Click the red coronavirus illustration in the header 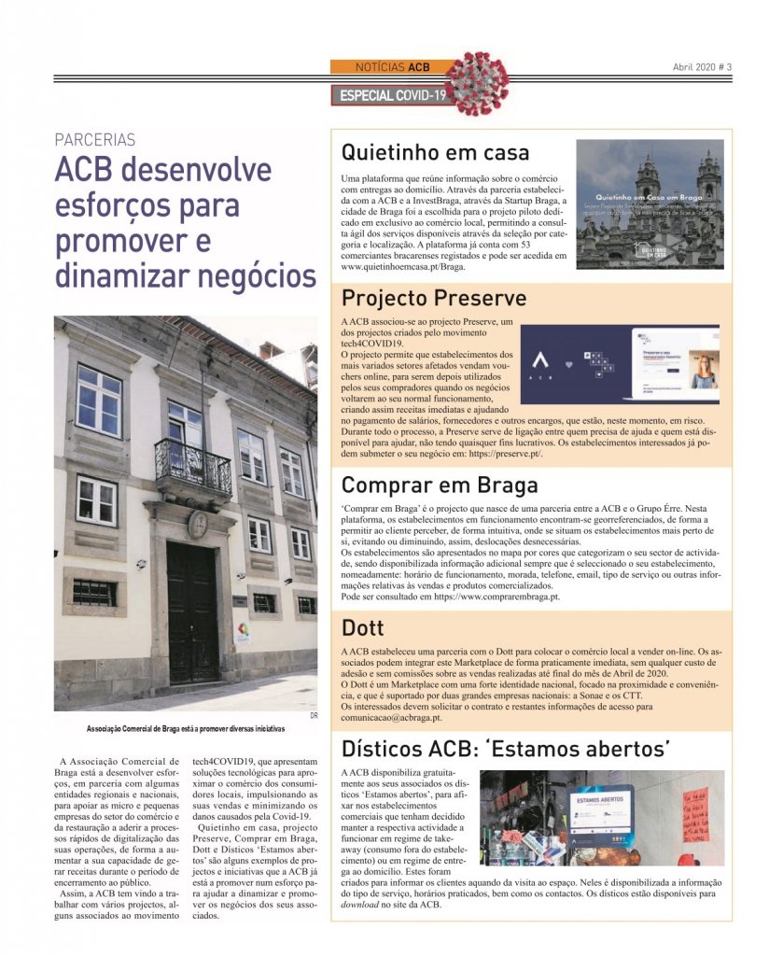[479, 83]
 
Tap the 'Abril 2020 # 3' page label [702, 67]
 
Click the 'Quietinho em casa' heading [435, 151]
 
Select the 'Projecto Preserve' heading [434, 298]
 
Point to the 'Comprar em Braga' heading [440, 485]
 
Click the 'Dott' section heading [363, 627]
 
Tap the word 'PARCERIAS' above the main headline [95, 140]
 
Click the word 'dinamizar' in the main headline [122, 275]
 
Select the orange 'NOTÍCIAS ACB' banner [393, 67]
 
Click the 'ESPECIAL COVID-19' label [393, 95]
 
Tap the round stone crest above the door [198, 524]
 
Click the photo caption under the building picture [185, 727]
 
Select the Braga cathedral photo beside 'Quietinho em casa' [650, 204]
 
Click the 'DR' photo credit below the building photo [315, 716]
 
